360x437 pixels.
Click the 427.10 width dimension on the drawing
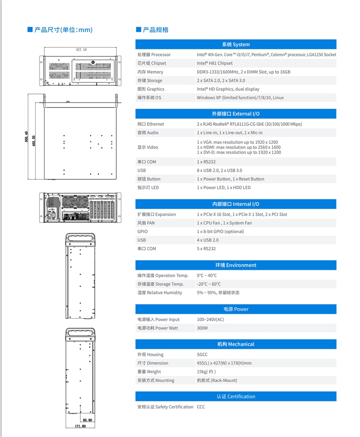(81, 49)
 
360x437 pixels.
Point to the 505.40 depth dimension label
(27, 137)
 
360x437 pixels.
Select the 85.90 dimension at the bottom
(87, 420)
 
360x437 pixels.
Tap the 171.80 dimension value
(80, 426)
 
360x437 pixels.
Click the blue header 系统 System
(236, 44)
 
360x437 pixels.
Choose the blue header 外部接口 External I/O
(236, 114)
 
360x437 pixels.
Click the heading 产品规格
(155, 30)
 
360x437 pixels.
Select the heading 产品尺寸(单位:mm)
(63, 30)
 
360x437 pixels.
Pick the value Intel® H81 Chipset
(215, 63)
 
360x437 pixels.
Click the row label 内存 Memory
(150, 72)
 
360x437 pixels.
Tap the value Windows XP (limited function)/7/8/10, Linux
(240, 98)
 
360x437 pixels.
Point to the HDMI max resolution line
(239, 147)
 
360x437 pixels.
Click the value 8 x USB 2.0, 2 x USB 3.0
(219, 171)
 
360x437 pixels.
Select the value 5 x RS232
(206, 249)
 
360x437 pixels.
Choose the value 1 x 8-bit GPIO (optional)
(220, 232)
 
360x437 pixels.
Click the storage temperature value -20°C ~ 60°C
(208, 284)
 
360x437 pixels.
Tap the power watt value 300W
(202, 328)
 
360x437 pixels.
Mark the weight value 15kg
(206, 372)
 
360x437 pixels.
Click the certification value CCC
(201, 407)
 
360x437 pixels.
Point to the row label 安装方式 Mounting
(156, 380)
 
